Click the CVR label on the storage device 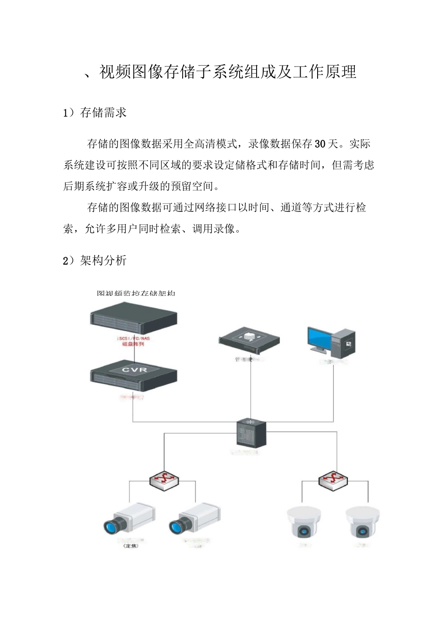pos(134,370)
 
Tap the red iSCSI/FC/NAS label pos(133,339)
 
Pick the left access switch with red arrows pos(164,480)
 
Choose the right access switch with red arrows pos(333,480)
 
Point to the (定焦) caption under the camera pos(131,546)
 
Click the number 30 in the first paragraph pos(320,144)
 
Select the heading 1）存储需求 pos(95,113)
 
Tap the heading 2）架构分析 pos(95,261)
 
